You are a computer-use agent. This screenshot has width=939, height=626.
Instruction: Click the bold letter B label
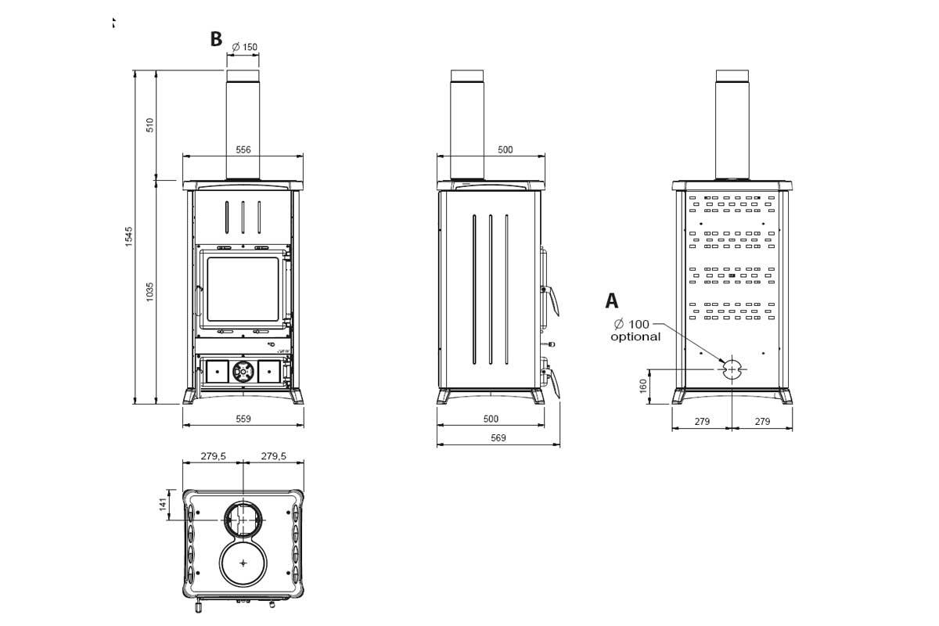tap(216, 39)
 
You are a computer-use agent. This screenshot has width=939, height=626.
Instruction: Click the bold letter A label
tap(612, 300)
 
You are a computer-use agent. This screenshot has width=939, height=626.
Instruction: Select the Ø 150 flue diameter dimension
tap(245, 47)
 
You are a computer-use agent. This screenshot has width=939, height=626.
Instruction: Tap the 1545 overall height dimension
tap(129, 236)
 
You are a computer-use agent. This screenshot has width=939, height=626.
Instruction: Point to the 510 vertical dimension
tap(150, 124)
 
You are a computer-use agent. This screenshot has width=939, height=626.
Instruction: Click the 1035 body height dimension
tap(150, 292)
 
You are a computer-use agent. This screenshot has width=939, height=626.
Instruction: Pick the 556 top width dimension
tap(243, 149)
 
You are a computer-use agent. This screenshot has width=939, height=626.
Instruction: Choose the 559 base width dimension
tap(243, 419)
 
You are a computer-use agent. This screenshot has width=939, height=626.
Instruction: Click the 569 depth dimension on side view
tap(498, 438)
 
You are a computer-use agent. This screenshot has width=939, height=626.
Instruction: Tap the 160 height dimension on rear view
tap(643, 386)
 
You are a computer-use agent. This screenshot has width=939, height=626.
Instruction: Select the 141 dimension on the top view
tap(163, 504)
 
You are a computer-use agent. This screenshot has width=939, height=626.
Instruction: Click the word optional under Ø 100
tap(635, 337)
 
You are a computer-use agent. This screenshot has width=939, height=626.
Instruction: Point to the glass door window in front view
tap(243, 289)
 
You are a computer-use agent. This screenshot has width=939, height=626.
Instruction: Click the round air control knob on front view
tap(243, 371)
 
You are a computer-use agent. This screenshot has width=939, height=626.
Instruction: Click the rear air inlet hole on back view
tap(732, 368)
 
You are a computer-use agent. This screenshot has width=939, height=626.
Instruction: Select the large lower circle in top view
tap(243, 563)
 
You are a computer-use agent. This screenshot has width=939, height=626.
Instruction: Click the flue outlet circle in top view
tap(243, 519)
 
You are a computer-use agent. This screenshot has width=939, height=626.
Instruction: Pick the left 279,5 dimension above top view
tap(213, 455)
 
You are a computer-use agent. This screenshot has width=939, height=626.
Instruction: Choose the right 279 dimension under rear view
tap(762, 421)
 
